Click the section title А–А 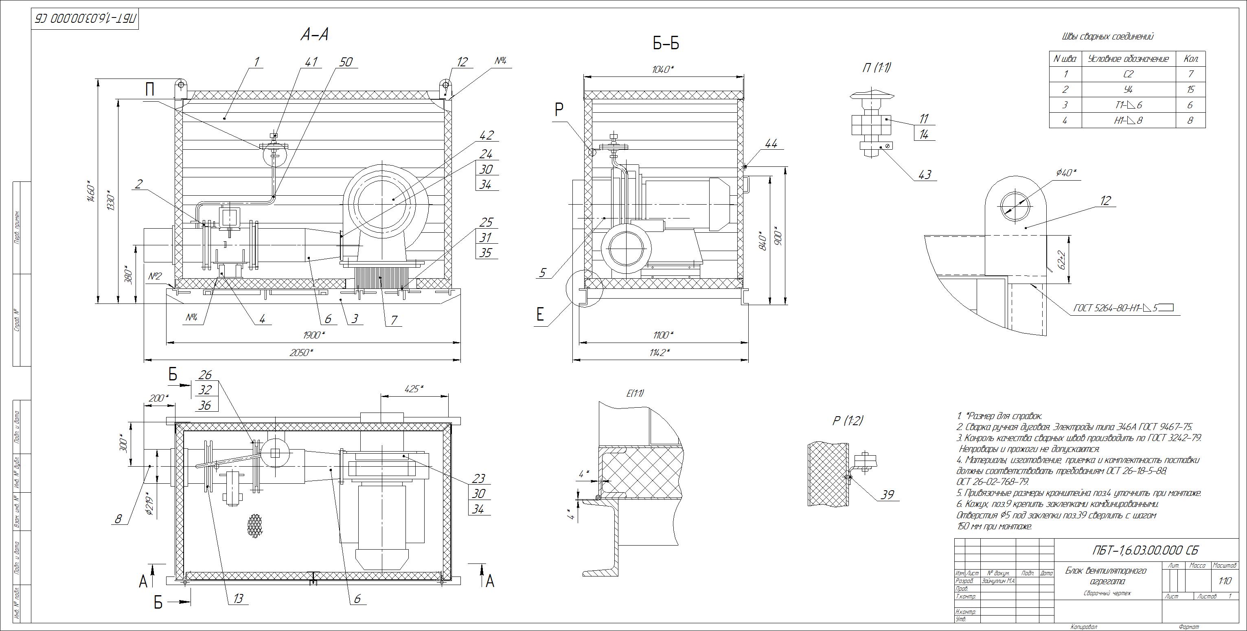point(315,34)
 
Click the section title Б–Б point(666,44)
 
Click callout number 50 point(346,62)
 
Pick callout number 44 point(771,143)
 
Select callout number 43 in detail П point(924,174)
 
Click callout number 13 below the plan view point(238,598)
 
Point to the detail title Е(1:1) point(635,393)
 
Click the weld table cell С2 point(1128,74)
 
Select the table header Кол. point(1191,59)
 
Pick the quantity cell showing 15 point(1191,90)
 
